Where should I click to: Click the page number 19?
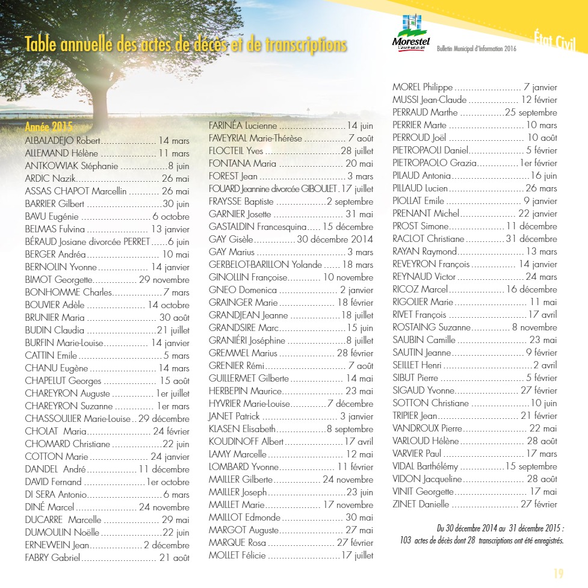(x=558, y=573)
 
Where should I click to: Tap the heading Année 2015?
(x=49, y=127)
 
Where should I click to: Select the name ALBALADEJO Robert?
(x=62, y=141)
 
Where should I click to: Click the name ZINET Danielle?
(x=421, y=504)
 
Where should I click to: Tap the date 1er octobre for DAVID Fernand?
(x=168, y=482)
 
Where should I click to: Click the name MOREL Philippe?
(x=422, y=87)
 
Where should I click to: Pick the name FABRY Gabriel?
(x=52, y=558)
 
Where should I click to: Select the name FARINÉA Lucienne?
(x=243, y=126)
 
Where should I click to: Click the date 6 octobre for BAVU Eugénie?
(x=171, y=217)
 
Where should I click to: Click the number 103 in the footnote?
(x=406, y=540)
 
